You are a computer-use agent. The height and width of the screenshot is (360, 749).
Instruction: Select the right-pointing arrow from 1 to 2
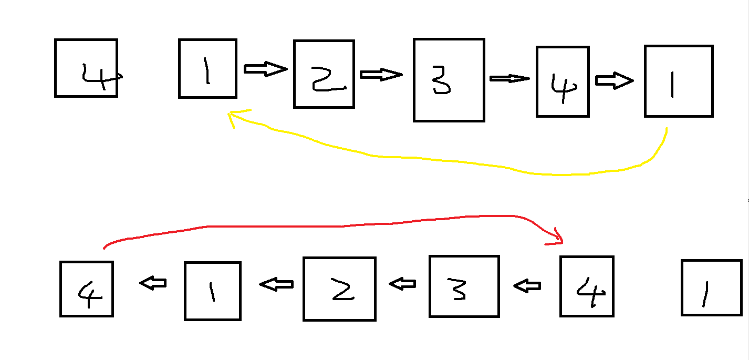click(x=266, y=69)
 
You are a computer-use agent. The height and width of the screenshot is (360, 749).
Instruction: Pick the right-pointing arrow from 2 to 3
click(x=381, y=75)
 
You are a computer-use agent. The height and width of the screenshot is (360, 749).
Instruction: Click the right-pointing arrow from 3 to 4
click(x=509, y=79)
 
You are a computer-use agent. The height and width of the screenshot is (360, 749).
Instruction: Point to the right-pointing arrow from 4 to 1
click(x=614, y=81)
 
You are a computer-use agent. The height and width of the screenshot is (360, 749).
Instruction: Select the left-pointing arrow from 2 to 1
click(x=276, y=284)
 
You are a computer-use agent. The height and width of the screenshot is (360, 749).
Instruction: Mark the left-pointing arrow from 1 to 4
click(x=153, y=283)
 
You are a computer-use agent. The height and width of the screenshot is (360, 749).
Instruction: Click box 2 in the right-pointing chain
click(x=324, y=74)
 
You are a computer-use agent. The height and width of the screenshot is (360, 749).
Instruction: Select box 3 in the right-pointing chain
click(x=449, y=80)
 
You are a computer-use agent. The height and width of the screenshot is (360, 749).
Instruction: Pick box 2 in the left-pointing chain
click(x=339, y=289)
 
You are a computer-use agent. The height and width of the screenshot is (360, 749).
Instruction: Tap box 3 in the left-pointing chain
click(x=464, y=286)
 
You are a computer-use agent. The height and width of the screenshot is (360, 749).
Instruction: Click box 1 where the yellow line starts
click(x=678, y=81)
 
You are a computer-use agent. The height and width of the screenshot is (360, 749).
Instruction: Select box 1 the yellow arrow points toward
click(x=207, y=68)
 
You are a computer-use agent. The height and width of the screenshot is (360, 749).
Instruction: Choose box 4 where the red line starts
click(x=87, y=289)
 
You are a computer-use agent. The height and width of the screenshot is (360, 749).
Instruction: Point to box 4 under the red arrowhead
click(x=587, y=286)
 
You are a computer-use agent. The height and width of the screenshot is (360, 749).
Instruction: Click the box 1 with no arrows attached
click(x=711, y=287)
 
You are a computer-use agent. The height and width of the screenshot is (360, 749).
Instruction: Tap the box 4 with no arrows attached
click(x=86, y=68)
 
